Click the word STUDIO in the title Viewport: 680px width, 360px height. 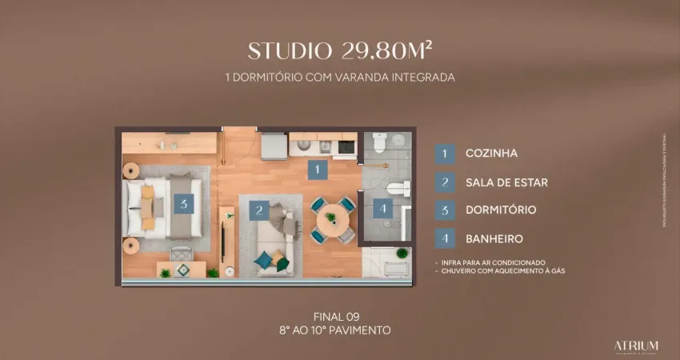point(289,50)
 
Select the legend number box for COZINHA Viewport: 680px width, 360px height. point(445,153)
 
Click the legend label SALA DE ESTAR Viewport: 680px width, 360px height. point(506,182)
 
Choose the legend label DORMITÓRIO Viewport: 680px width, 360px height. point(501,210)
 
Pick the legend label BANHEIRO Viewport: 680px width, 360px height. point(494,238)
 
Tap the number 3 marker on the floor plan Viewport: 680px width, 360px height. point(184,203)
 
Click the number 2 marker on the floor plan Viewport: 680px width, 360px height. point(259,211)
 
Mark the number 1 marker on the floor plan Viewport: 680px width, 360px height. point(318,170)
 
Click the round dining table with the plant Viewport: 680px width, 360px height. point(330,218)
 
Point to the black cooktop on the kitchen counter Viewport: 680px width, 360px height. point(346,146)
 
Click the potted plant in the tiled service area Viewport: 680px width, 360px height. point(401,254)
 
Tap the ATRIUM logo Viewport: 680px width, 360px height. point(637,345)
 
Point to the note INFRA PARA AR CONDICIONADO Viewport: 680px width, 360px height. point(492,262)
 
